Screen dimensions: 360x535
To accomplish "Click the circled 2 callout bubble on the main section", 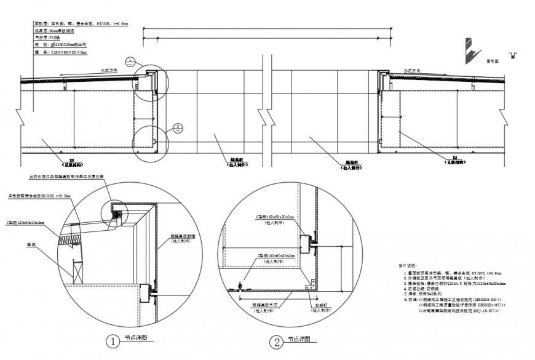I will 177,127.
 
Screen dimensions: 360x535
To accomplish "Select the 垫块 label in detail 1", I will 29,243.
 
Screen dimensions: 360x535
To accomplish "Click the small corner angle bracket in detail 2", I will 312,284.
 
